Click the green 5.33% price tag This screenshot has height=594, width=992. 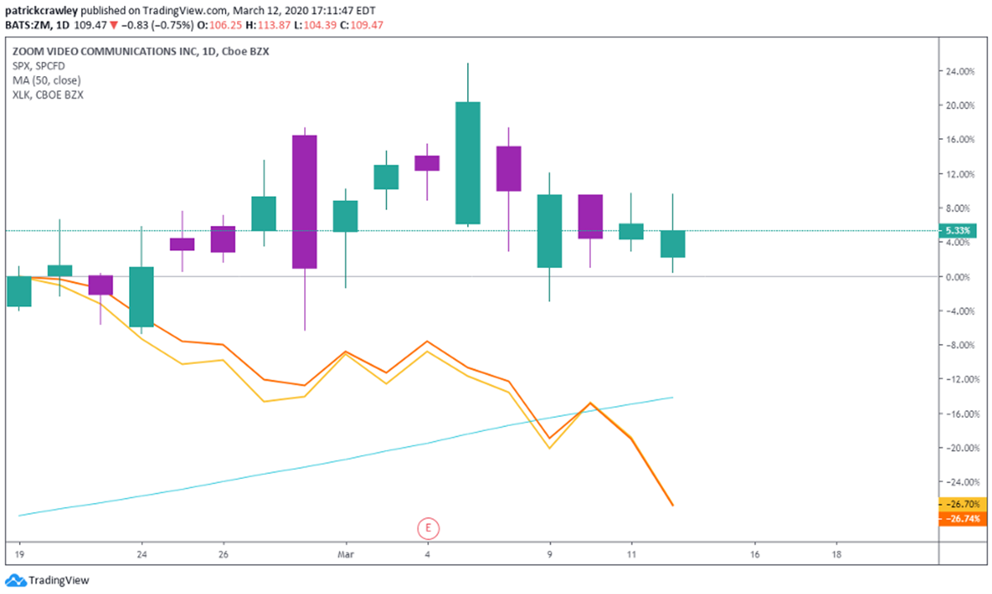pos(959,231)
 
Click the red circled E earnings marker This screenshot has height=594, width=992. pos(427,527)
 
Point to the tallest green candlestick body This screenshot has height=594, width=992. pos(468,163)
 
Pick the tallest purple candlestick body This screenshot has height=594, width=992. pos(304,202)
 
